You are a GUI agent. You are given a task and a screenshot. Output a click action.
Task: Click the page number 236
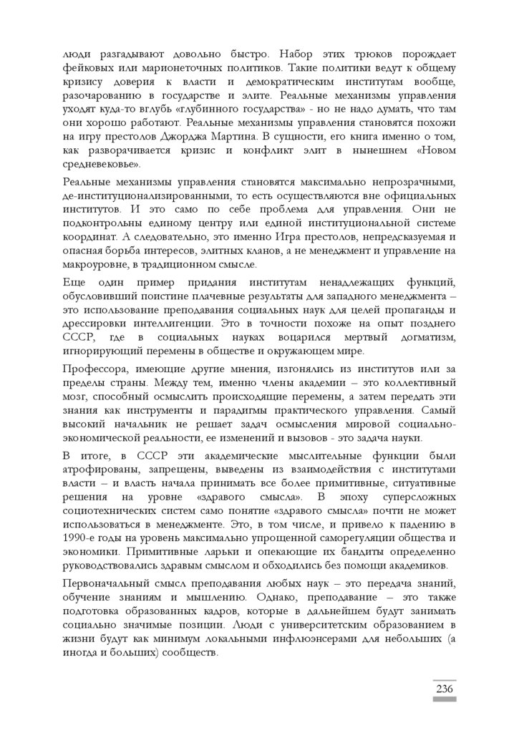click(443, 689)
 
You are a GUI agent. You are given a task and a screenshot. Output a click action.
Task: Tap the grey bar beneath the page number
click(443, 699)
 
